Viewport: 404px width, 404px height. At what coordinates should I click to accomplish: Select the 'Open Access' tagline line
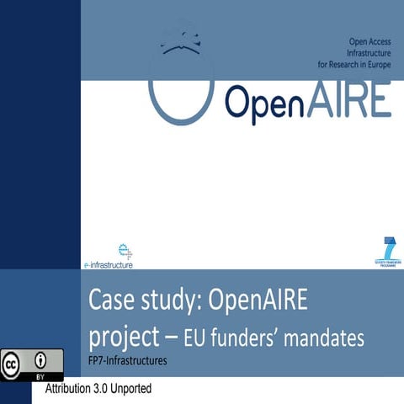point(369,40)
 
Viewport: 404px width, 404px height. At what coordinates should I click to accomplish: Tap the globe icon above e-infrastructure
point(126,249)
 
